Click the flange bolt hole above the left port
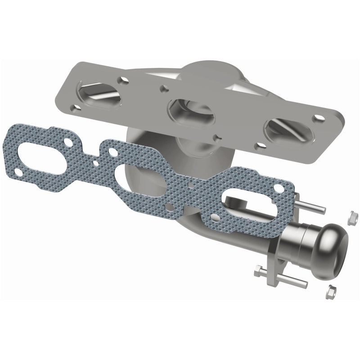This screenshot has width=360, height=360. tap(120, 81)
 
